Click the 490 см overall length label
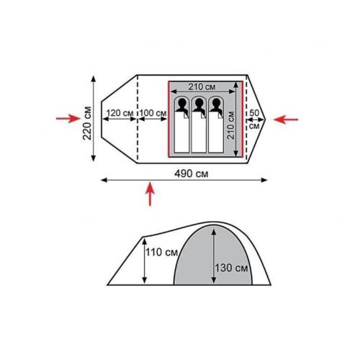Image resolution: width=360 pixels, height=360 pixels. (x=192, y=174)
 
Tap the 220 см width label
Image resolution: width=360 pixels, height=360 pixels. (x=87, y=123)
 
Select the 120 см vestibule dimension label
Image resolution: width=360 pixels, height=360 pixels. (x=120, y=113)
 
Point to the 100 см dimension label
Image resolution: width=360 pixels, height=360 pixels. (x=153, y=113)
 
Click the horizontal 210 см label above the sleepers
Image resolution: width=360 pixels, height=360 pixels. (x=202, y=86)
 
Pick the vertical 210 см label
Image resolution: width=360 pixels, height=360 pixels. (x=230, y=125)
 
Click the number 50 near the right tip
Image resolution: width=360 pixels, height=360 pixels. (x=254, y=112)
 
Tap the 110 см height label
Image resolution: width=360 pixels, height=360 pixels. (x=161, y=252)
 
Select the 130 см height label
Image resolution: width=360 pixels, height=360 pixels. (x=231, y=268)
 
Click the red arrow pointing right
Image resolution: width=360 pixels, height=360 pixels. (x=68, y=118)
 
